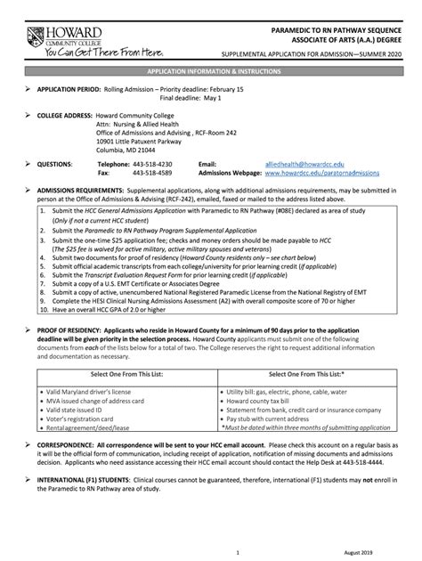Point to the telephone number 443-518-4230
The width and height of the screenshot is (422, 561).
click(x=152, y=165)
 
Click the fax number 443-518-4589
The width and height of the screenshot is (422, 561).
click(x=152, y=174)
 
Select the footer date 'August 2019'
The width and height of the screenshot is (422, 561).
click(x=369, y=553)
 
